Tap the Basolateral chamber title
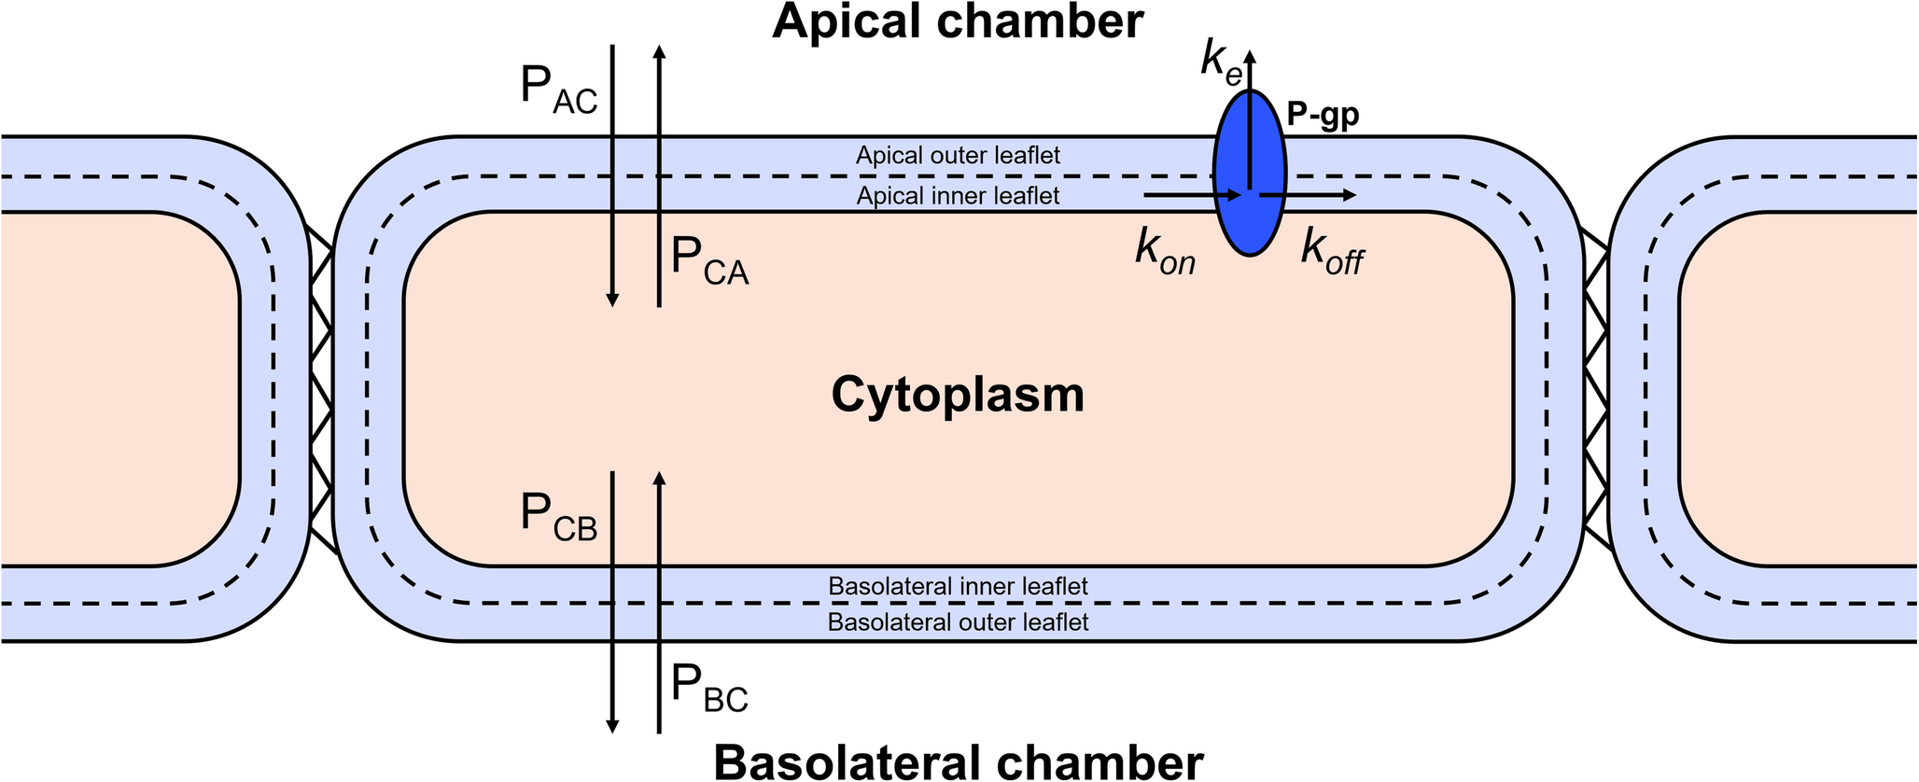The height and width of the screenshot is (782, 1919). click(958, 761)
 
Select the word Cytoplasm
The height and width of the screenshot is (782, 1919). click(958, 395)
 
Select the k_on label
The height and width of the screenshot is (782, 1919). click(1165, 252)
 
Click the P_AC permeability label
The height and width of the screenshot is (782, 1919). click(558, 90)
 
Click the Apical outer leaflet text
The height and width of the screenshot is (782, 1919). click(958, 155)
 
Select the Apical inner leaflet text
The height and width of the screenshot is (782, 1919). click(958, 196)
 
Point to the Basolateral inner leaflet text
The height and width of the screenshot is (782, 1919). click(958, 587)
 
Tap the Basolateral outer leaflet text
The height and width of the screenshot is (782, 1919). click(958, 621)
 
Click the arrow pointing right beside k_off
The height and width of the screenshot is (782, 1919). click(1307, 195)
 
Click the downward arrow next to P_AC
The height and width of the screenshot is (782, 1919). click(612, 177)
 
